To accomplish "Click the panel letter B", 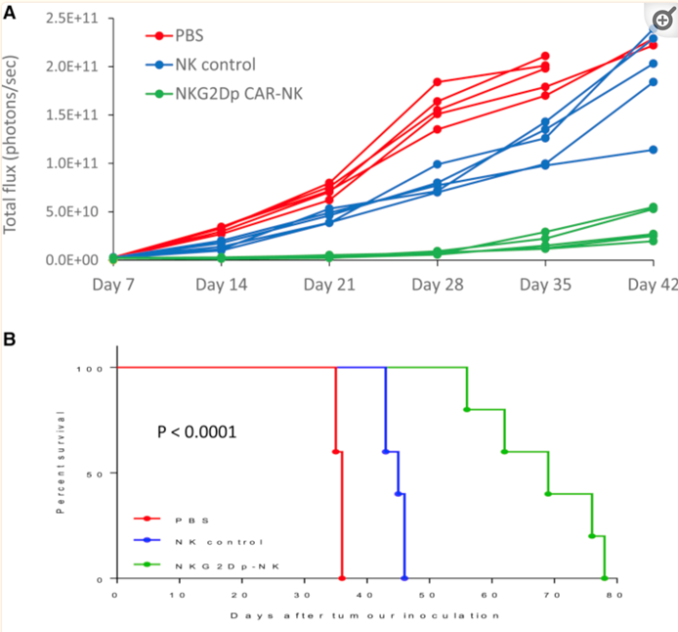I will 9,339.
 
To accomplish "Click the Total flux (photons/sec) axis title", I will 13,137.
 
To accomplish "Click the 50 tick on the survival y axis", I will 102,474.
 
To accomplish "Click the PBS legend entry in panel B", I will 191,519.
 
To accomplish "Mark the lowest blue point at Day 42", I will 653,150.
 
